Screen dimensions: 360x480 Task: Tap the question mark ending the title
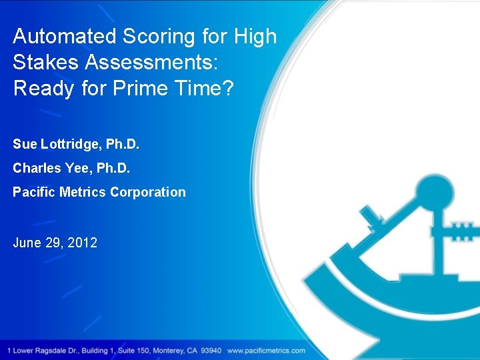(229, 88)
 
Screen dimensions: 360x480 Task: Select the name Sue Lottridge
(51, 144)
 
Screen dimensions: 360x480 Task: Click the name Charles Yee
(45, 168)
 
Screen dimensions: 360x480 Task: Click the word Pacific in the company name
(33, 192)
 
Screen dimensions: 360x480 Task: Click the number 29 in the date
(54, 243)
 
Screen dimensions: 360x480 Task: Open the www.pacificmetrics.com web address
(266, 351)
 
